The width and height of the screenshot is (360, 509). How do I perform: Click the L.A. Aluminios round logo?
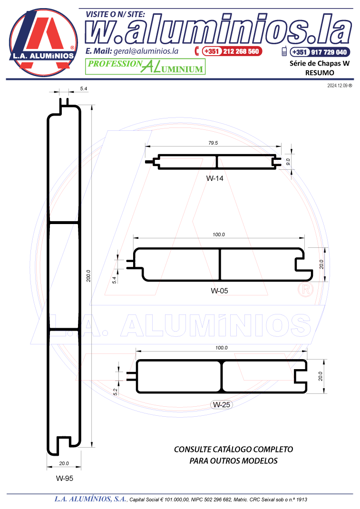pos(43,42)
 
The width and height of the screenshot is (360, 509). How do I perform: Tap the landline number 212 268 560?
pos(241,51)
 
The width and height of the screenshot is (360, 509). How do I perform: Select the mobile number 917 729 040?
pos(329,52)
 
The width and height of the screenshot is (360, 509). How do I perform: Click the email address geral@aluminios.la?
pos(146,51)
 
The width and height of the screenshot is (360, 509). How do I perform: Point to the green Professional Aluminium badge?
pos(145,67)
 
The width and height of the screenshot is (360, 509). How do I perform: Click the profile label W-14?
pos(214,178)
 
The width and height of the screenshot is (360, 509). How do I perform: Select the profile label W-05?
pos(219,291)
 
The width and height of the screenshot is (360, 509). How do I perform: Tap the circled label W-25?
pos(222,405)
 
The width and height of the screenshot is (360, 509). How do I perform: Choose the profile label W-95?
pos(65,478)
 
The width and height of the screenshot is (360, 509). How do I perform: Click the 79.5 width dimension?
pos(213,143)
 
